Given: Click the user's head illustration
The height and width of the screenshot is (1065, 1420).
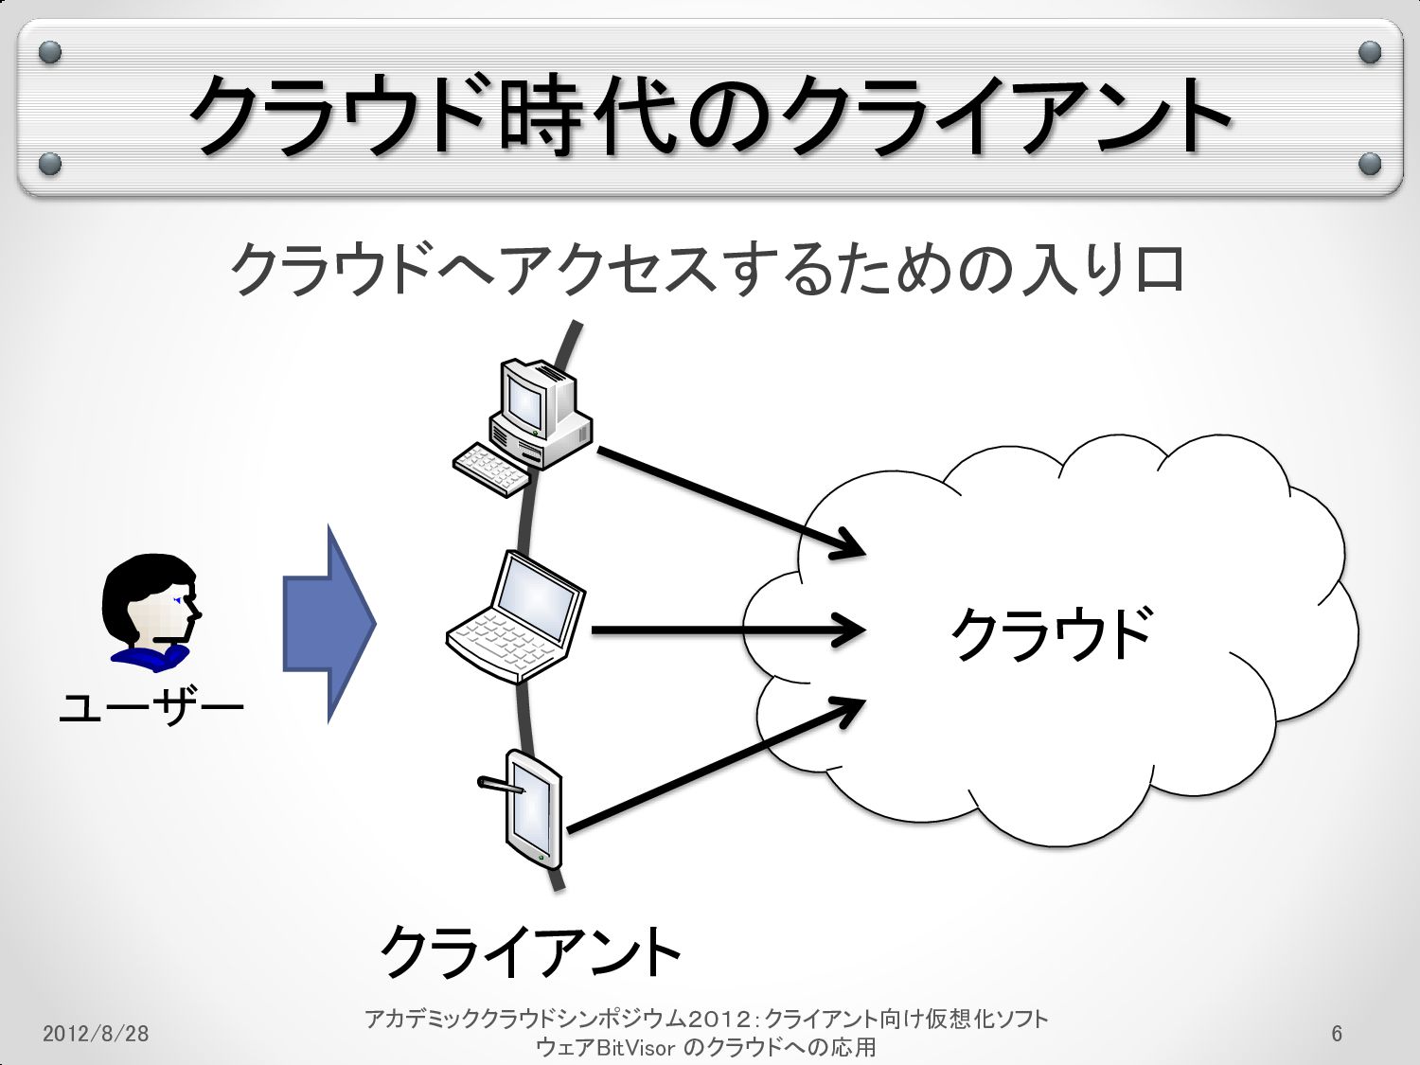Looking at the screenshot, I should click(151, 606).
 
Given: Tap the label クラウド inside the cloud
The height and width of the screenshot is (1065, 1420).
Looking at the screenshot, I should click(1051, 632).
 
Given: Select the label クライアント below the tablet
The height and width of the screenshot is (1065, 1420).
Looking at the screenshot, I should click(530, 951).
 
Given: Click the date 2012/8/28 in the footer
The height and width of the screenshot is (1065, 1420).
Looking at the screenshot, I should click(96, 1033).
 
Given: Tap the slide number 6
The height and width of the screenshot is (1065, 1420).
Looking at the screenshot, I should click(1337, 1033).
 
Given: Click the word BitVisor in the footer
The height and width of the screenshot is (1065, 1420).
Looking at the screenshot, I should click(636, 1048).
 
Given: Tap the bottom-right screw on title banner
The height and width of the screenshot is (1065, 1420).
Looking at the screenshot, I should click(1369, 165).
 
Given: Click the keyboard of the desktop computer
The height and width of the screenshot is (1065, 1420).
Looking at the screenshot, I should click(490, 469).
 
